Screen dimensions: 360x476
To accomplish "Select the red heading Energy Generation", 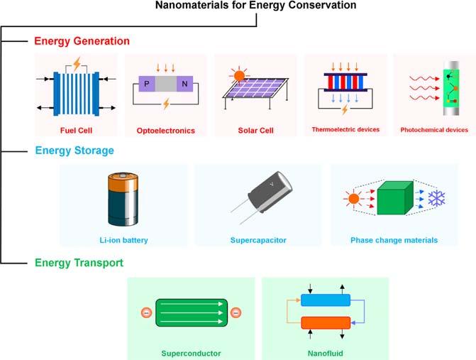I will tap(82, 40).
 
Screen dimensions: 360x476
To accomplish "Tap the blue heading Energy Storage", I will tap(74, 151).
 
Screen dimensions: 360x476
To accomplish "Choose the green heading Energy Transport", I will tap(79, 263).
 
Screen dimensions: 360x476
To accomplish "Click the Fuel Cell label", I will tap(77, 131).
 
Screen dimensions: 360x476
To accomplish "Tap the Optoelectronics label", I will tap(165, 131).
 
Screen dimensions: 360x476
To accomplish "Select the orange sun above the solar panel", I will tap(240, 75).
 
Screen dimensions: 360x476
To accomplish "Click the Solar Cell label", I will tap(255, 131).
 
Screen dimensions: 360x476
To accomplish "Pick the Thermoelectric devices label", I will tap(345, 130).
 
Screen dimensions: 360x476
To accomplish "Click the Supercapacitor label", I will tap(258, 240).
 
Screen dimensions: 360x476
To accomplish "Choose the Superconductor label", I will tap(190, 352).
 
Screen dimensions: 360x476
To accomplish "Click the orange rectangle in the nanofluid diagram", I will tap(326, 323).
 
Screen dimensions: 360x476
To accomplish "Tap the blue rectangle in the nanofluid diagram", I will tap(326, 300).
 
